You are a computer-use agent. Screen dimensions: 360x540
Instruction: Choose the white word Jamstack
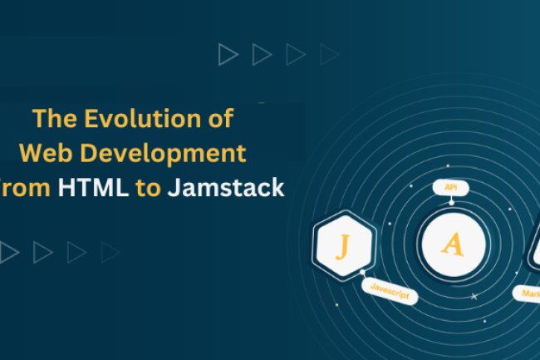tap(226, 189)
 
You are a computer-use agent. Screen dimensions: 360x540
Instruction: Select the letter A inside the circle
tap(451, 244)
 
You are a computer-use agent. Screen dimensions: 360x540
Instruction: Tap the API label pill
tap(451, 189)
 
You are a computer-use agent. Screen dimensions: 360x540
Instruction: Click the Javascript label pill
tap(390, 292)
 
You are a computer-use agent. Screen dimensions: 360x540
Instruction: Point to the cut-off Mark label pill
tap(528, 293)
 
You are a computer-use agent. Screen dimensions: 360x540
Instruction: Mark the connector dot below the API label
tap(451, 202)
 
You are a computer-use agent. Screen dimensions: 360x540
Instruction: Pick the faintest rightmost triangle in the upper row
tap(329, 55)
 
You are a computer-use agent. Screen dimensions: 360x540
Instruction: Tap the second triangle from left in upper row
tap(262, 55)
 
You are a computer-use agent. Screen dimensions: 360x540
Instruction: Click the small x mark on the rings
tap(474, 296)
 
